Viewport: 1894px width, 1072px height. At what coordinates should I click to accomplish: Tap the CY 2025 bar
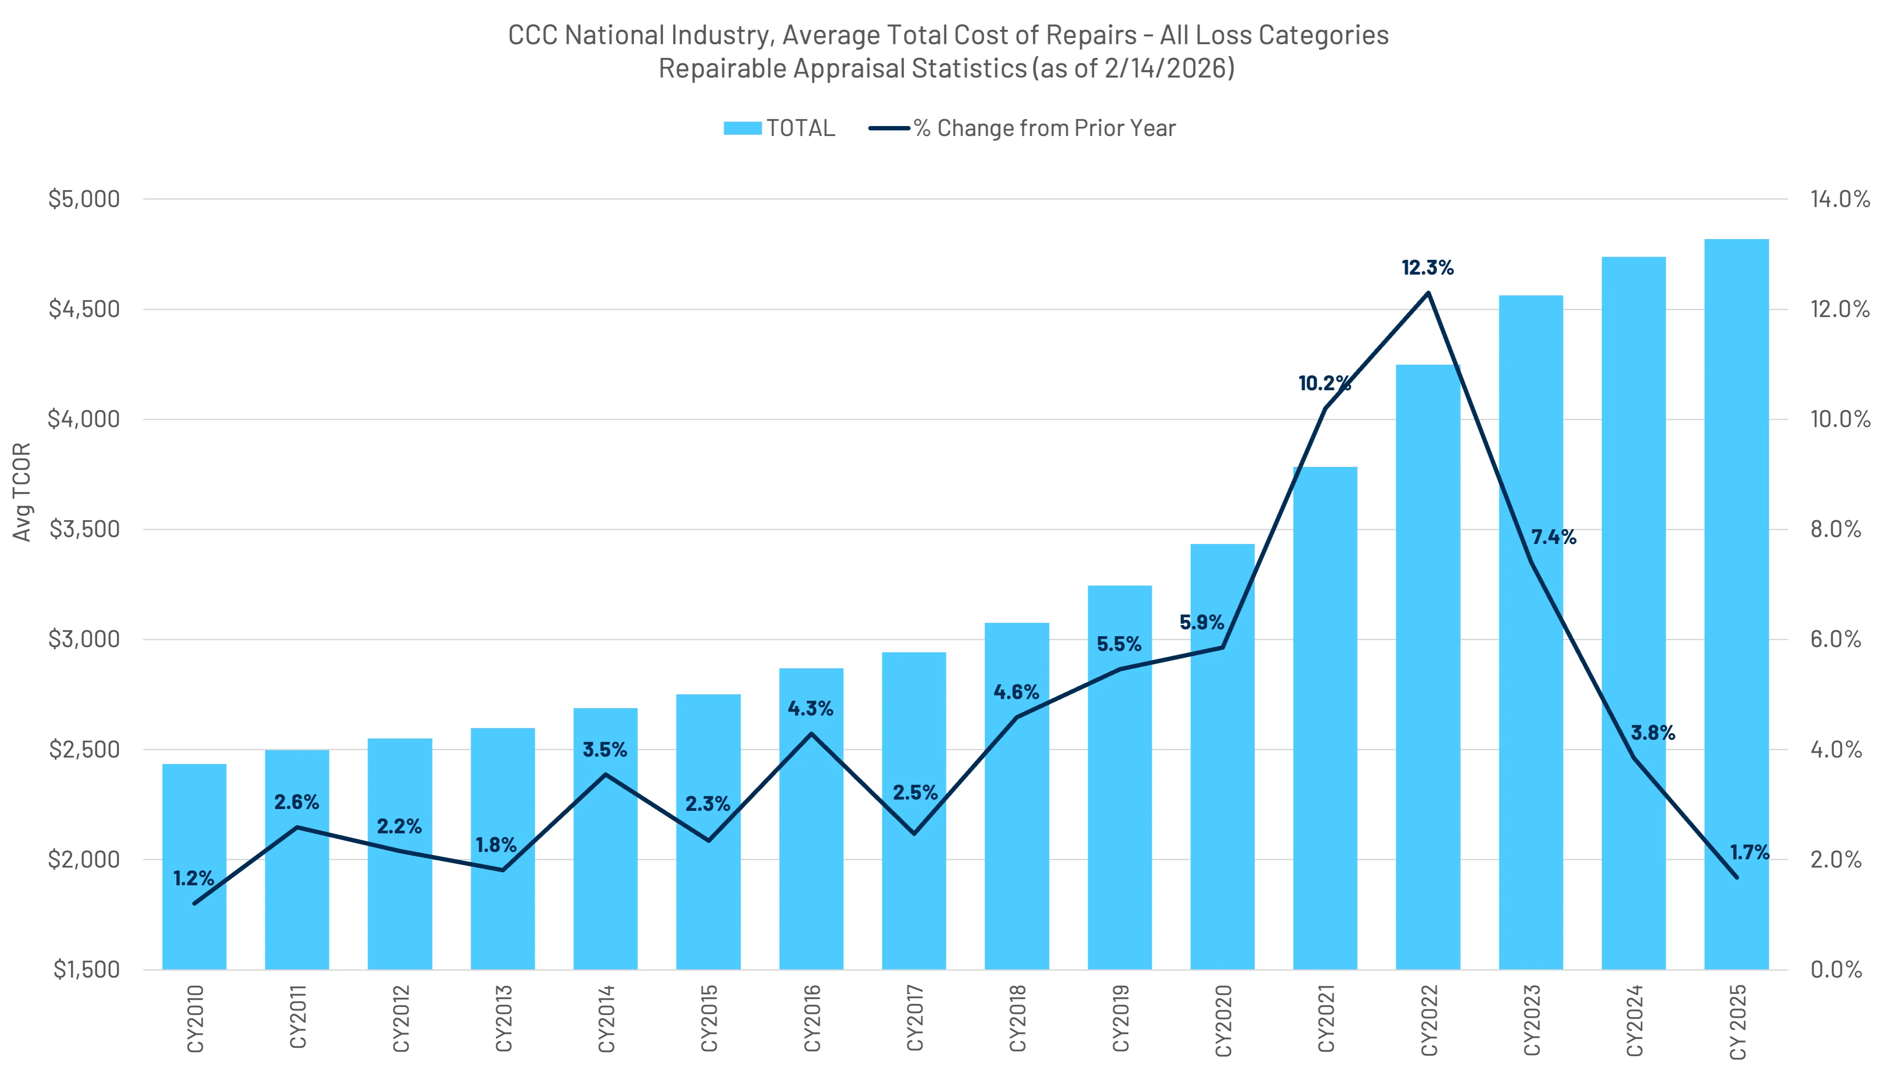click(x=1736, y=604)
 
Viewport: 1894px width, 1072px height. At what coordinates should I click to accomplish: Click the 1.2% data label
click(x=194, y=878)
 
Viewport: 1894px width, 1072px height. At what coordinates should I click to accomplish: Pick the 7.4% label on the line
click(x=1554, y=538)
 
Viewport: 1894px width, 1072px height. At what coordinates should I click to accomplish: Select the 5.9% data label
click(x=1202, y=622)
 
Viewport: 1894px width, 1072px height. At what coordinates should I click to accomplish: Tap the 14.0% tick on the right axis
click(x=1839, y=199)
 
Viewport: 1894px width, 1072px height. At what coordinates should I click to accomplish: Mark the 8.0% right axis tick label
click(x=1836, y=529)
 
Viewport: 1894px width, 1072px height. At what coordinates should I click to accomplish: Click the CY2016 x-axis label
click(x=811, y=1019)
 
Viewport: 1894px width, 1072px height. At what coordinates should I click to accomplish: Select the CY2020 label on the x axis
click(x=1223, y=1019)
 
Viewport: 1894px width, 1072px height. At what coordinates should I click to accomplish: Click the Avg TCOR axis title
click(x=22, y=492)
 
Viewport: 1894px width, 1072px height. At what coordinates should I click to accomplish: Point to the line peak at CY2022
click(x=1428, y=293)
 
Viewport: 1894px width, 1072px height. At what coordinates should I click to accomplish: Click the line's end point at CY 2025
click(x=1736, y=877)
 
